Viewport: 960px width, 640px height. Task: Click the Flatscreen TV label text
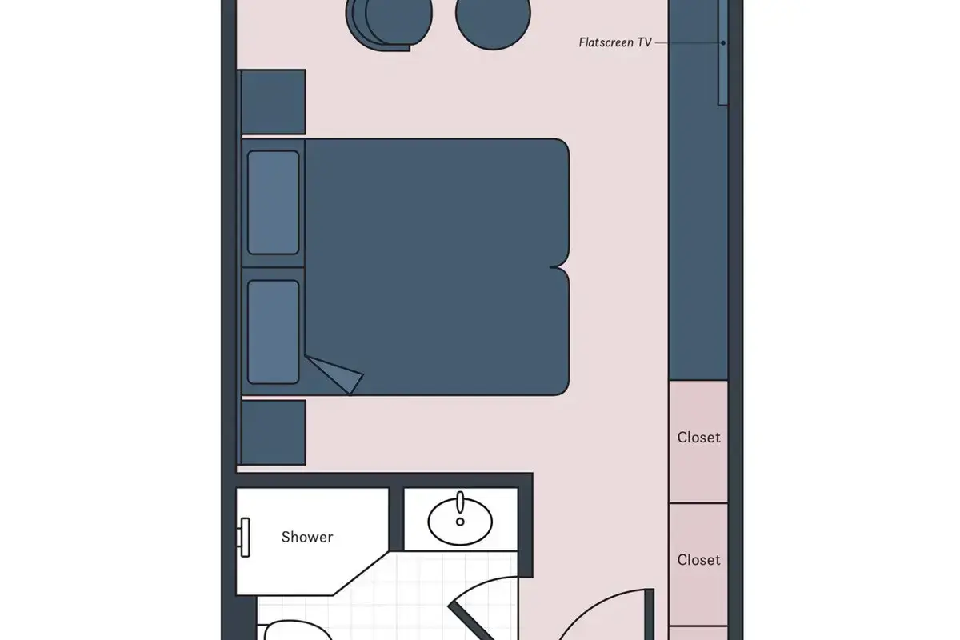[x=615, y=42]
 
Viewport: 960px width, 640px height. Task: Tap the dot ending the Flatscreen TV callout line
[x=723, y=43]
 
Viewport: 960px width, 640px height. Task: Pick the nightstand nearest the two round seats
[x=274, y=102]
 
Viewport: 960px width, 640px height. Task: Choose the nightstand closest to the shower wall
[x=274, y=433]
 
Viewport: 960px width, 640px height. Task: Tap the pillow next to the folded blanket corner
[x=273, y=332]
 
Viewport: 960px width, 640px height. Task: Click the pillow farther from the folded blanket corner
[x=273, y=202]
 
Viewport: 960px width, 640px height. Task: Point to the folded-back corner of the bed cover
[x=334, y=374]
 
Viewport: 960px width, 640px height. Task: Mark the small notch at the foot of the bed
[x=557, y=267]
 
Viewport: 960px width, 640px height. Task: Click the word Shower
[x=307, y=537]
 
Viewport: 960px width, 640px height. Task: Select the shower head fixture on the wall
[x=244, y=538]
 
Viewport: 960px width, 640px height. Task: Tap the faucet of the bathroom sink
[x=460, y=502]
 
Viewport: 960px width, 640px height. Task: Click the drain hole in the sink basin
[x=460, y=522]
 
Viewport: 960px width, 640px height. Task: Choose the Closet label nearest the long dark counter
[x=698, y=438]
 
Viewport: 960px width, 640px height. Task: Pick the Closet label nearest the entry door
[x=698, y=560]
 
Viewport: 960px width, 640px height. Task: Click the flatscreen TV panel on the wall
[x=723, y=52]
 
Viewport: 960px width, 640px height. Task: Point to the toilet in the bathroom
[x=296, y=631]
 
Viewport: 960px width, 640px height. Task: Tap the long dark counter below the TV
[x=698, y=190]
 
